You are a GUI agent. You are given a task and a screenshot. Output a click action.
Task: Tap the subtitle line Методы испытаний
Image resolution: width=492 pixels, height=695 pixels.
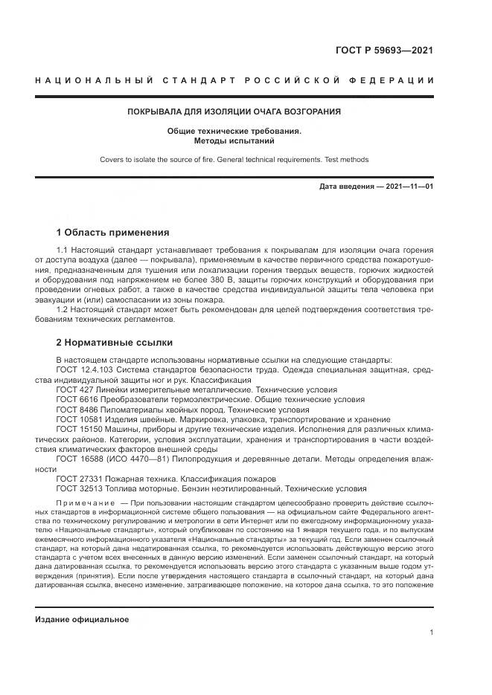(x=234, y=140)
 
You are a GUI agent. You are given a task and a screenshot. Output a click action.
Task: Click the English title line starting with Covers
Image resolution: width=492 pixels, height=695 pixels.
(x=234, y=159)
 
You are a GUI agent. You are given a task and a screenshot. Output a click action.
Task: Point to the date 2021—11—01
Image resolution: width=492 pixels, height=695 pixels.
(x=407, y=186)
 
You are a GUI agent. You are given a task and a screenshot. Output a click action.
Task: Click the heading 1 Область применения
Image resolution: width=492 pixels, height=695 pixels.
(x=113, y=232)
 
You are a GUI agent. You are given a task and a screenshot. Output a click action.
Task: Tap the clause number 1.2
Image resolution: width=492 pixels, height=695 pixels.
(x=63, y=310)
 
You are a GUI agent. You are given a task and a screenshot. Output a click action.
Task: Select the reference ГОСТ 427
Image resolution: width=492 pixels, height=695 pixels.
(x=74, y=389)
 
